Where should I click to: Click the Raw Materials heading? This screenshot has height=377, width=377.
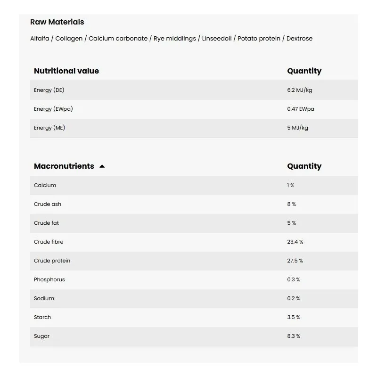tap(57, 22)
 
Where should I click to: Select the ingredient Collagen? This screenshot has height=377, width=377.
tap(69, 39)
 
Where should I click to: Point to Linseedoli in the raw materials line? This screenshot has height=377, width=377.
tap(217, 39)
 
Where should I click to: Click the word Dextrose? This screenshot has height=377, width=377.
tap(300, 39)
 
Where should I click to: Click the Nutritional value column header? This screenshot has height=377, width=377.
tap(66, 71)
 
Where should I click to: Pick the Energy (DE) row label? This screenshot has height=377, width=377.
tap(49, 90)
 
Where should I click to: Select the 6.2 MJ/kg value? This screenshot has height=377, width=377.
tap(299, 90)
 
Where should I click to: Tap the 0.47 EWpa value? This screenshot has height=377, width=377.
tap(301, 109)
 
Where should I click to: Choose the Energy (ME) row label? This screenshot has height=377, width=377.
tap(49, 128)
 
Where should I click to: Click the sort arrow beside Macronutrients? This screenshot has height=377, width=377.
tap(102, 166)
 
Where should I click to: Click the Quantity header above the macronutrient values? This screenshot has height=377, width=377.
tap(304, 166)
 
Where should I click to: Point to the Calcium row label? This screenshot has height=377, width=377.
tap(45, 185)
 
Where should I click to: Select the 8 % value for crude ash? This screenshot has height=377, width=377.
tap(292, 204)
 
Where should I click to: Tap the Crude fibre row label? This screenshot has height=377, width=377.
tap(49, 242)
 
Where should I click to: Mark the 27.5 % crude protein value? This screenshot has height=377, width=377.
tap(295, 261)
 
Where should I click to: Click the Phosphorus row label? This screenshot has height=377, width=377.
tap(49, 279)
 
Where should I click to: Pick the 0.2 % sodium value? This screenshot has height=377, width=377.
tap(294, 298)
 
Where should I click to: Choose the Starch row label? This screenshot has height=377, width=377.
tap(42, 317)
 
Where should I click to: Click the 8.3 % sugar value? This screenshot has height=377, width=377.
tap(294, 336)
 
